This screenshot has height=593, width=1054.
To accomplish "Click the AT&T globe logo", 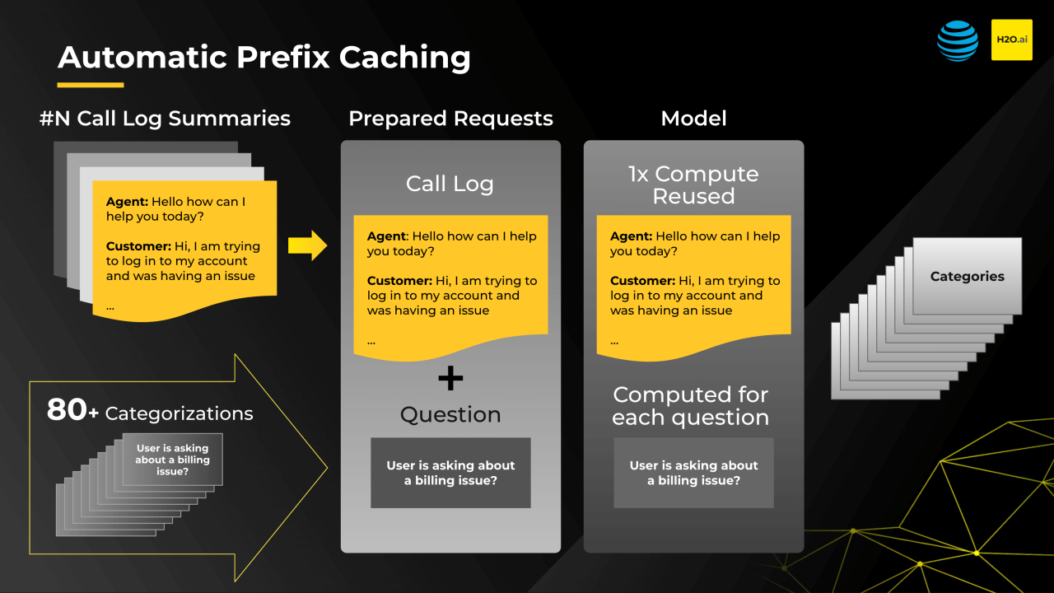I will point(958,40).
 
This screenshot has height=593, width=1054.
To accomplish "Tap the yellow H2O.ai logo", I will point(1011,40).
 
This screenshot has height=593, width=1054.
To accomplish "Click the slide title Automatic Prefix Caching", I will point(264,58).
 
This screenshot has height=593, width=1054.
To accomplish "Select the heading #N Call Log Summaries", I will point(165,119).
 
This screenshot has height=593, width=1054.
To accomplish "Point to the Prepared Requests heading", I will point(450,119).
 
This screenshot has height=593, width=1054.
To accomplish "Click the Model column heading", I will point(693,119).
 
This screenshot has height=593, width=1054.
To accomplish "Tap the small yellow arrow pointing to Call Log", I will point(307,245).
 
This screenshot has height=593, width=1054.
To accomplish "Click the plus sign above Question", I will point(450,378).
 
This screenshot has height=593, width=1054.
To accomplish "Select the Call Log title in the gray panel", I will point(450,184).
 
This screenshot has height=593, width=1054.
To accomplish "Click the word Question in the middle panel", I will point(450,414).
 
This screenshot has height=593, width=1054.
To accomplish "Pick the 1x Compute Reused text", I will point(693,185).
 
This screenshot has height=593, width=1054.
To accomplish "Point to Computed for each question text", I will point(690,406).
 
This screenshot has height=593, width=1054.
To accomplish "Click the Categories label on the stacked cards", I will point(967,277).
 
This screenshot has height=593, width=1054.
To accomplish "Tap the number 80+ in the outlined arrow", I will point(72,410).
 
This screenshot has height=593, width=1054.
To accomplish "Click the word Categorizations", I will point(179,413).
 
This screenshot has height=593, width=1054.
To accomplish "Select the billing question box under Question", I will point(450,473).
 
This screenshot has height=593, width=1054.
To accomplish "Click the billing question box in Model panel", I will point(693,473).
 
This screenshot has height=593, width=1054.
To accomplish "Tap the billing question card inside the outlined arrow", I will point(172,460).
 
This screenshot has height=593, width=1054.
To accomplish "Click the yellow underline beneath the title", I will point(91,85).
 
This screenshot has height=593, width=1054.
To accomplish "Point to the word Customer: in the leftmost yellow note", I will point(138,246).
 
